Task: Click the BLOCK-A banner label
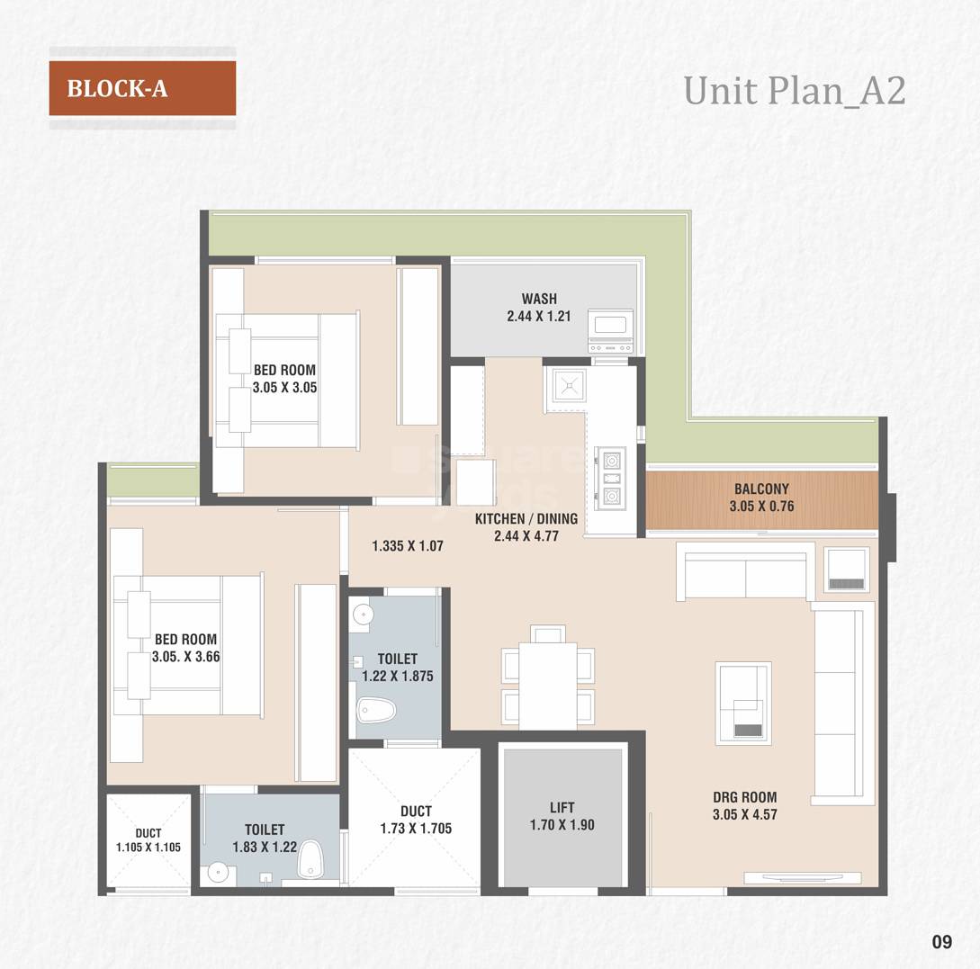117,89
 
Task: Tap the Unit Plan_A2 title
794,91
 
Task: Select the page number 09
941,942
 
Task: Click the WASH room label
538,299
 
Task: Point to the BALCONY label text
761,489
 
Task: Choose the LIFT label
562,808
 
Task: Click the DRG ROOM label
744,797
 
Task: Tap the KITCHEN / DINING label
526,519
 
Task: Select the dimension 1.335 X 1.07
408,546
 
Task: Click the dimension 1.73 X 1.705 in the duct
416,829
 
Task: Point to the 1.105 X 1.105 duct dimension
148,847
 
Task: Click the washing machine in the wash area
610,331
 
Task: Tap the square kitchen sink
569,385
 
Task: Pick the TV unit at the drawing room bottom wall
801,878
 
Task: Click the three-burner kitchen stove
611,477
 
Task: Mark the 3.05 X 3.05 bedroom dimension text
284,388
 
